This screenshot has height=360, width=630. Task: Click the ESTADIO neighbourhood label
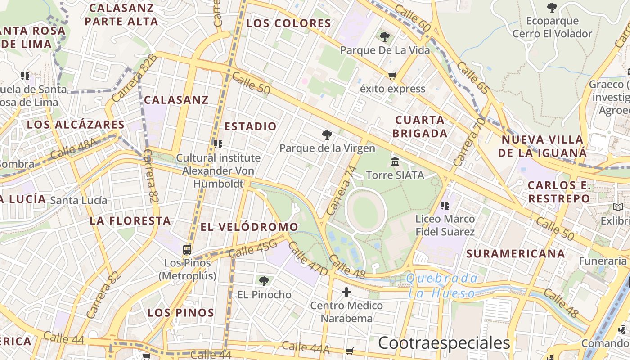(250, 126)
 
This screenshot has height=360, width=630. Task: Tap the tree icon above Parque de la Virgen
(327, 135)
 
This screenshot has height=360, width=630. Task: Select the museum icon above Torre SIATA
(395, 162)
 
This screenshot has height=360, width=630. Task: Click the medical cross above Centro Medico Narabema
(346, 292)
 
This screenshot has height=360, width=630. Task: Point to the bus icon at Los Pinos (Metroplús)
(187, 250)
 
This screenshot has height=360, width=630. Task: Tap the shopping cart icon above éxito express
(392, 76)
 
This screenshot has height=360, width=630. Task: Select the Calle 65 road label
(472, 78)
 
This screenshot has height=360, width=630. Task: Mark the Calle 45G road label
(252, 249)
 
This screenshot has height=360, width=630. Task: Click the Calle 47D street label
(308, 259)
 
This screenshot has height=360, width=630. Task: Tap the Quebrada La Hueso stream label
(441, 286)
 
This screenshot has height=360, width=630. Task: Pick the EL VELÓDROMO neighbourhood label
(249, 227)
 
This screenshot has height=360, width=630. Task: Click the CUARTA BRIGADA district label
(420, 126)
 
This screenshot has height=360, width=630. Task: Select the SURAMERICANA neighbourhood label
(515, 254)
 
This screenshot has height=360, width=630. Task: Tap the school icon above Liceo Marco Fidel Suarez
(445, 206)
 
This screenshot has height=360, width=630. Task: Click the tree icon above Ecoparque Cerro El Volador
(552, 8)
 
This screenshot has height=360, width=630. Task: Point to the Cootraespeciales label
(444, 343)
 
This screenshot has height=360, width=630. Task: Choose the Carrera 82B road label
(135, 78)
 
